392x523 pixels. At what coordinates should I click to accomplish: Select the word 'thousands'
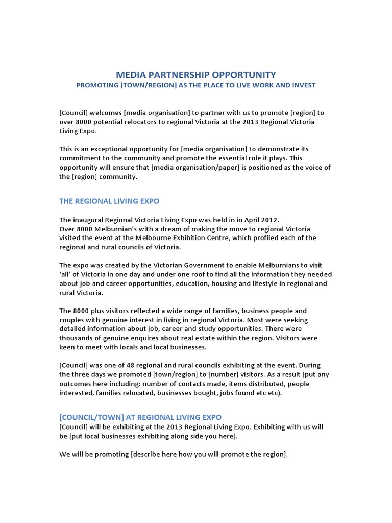[x=77, y=338]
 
